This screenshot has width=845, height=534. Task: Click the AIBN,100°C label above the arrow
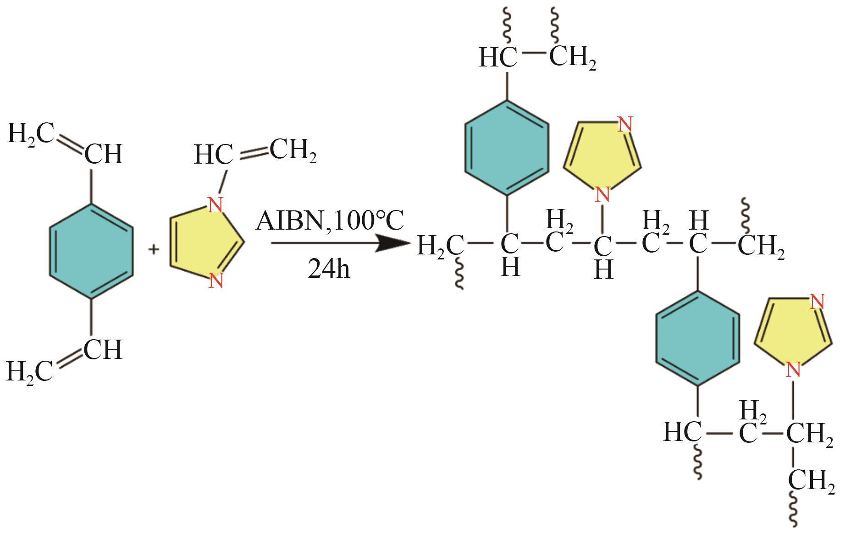click(x=330, y=221)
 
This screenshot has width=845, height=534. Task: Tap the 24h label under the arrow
click(x=329, y=268)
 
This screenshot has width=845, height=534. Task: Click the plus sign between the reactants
click(x=154, y=249)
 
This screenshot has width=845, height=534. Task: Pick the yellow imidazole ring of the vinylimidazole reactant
click(x=204, y=243)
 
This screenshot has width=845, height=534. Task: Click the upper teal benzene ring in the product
click(x=507, y=148)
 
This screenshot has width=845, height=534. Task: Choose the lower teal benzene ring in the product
click(x=697, y=338)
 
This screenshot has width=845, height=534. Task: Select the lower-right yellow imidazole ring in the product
click(x=793, y=330)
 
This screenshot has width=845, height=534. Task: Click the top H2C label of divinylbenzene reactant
click(x=30, y=133)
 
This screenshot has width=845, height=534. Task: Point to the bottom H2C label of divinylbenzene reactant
click(x=29, y=371)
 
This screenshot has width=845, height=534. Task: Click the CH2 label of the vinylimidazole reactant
click(x=293, y=151)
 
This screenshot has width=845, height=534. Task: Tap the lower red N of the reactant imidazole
click(x=215, y=280)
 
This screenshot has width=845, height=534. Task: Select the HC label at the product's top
click(x=498, y=58)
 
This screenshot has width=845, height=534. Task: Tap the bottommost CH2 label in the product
click(x=811, y=480)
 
